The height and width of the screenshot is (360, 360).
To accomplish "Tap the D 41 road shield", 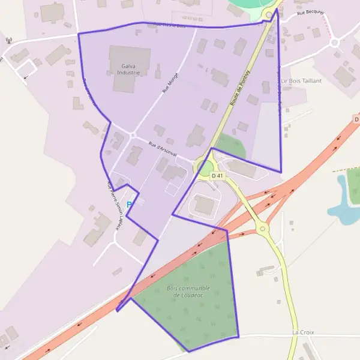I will tap(217, 176).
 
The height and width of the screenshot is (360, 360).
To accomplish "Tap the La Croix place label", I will tap(303, 332).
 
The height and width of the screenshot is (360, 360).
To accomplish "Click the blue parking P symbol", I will tap(129, 205).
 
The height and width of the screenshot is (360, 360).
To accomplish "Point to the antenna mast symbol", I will tap(8, 41).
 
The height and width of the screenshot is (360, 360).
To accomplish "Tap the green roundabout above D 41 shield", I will tap(204, 165).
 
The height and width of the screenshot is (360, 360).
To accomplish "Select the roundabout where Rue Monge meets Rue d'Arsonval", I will tap(132, 135).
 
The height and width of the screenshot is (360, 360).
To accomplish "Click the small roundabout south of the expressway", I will tap(262, 229).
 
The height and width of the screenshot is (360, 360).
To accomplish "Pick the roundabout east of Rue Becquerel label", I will tap(334, 43).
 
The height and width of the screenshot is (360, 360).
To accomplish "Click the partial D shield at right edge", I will tap(356, 119).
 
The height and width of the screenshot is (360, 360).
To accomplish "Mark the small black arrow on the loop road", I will tap(25, 77).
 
